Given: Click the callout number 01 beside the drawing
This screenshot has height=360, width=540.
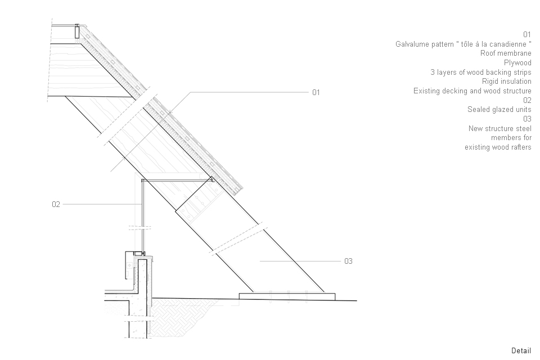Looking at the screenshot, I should click(x=316, y=92).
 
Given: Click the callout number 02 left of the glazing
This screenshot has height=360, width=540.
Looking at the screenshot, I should click(x=56, y=205).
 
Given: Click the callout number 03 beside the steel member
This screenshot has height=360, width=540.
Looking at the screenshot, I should click(x=348, y=261).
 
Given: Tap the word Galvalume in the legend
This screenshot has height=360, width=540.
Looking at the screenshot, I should click(x=413, y=44).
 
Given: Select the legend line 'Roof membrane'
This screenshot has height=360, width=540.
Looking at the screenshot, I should click(x=506, y=53).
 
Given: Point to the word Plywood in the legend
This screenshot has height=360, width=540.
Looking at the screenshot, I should click(x=517, y=63).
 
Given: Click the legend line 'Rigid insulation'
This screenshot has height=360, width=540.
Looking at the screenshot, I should click(x=506, y=82).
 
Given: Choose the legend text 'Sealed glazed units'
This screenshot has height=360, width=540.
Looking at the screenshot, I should click(x=499, y=110).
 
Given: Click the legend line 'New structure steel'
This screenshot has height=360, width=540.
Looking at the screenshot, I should click(x=499, y=128).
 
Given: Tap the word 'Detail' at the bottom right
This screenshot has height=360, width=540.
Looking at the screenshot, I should click(x=521, y=350).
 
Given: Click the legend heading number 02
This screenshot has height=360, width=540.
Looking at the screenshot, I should click(x=527, y=100).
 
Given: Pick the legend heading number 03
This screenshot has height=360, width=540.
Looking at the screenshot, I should click(x=527, y=119).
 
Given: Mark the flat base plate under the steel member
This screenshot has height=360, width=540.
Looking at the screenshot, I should click(x=287, y=296).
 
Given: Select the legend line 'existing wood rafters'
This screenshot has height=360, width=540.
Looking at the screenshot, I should click(x=498, y=147).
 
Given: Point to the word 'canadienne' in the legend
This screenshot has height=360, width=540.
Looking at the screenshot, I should click(x=508, y=44).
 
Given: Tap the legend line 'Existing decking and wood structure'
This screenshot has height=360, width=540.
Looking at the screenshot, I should click(x=472, y=91).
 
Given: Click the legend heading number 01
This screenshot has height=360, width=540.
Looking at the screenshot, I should click(x=527, y=34).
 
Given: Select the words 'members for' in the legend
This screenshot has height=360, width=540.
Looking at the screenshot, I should click(x=511, y=138).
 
